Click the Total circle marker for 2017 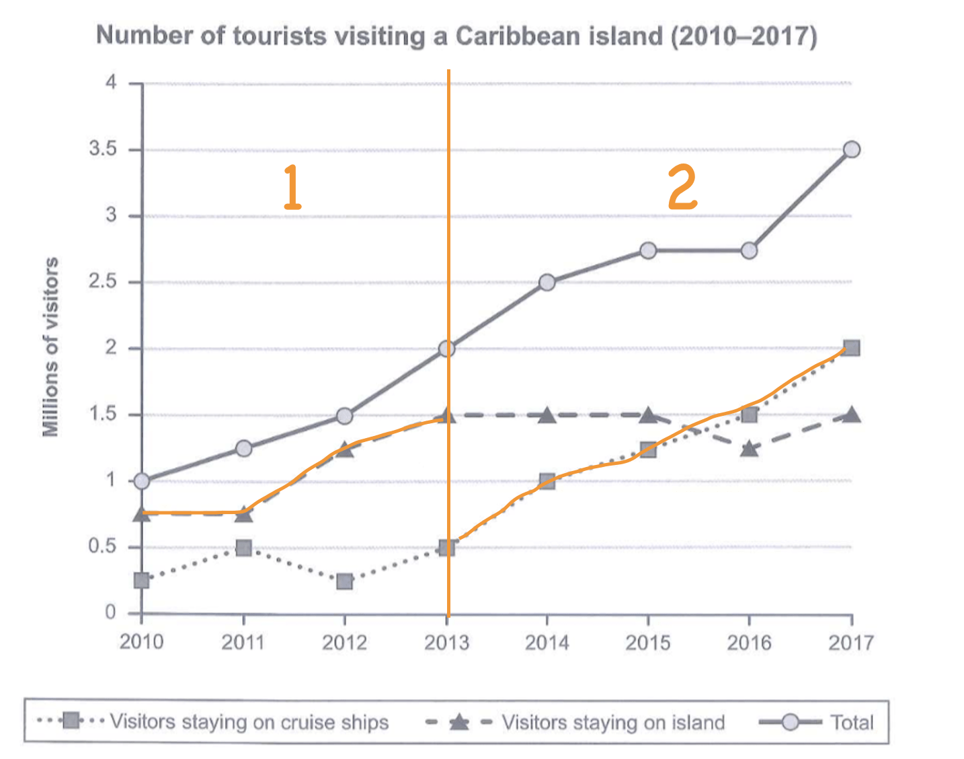tap(851, 149)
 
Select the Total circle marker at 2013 tap(447, 349)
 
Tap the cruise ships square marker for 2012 tap(344, 581)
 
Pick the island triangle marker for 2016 tap(750, 448)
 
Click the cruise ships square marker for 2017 tap(851, 348)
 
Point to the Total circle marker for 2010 tap(142, 481)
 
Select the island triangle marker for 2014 tap(547, 415)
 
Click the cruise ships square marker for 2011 tap(243, 548)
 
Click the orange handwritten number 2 tap(682, 188)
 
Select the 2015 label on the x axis tap(648, 643)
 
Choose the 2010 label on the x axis tap(142, 642)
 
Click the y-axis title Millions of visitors tap(51, 347)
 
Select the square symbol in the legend tap(71, 721)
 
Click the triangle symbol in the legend tap(459, 723)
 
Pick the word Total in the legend tap(852, 723)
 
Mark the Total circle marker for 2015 tap(648, 250)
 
